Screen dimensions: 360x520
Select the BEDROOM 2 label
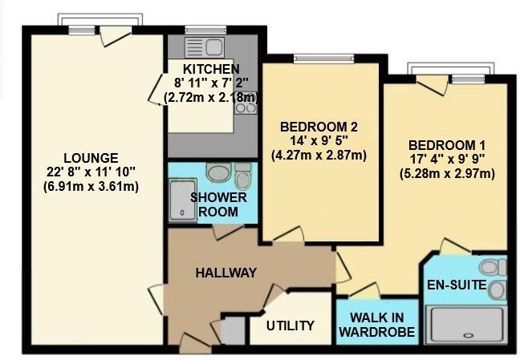pyautogui.click(x=319, y=127)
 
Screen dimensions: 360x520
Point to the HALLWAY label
pyautogui.click(x=225, y=273)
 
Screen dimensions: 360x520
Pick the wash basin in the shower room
pyautogui.click(x=217, y=172)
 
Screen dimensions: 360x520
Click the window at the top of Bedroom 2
pyautogui.click(x=319, y=57)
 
